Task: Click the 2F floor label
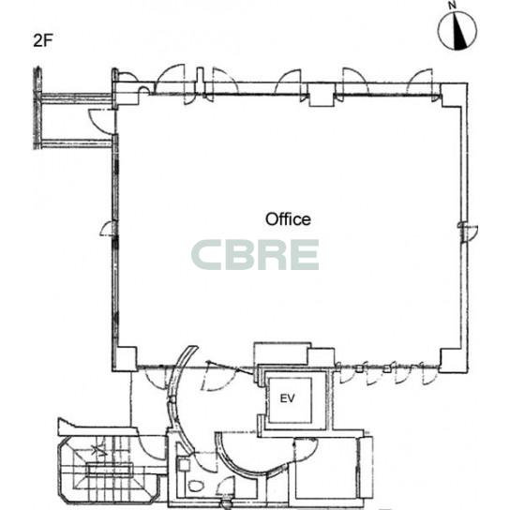coord(42,40)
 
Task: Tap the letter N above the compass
coord(453,5)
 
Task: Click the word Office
coord(288,219)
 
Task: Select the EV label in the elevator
coord(288,398)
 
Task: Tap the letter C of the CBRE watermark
coord(206,255)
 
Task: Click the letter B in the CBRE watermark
coord(239,255)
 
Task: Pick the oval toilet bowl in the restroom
coord(196,486)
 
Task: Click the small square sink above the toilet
coord(184,464)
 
